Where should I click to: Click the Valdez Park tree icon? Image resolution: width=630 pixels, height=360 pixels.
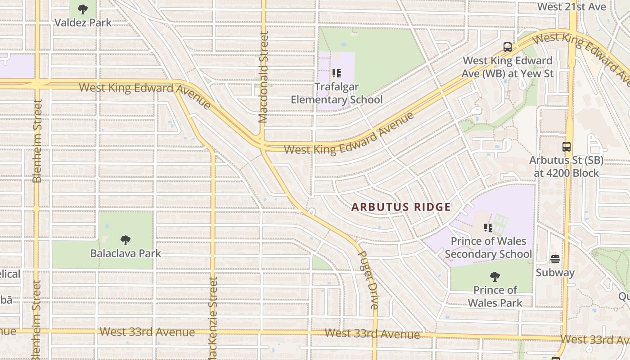(83, 9)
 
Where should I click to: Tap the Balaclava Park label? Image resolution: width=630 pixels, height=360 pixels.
(126, 253)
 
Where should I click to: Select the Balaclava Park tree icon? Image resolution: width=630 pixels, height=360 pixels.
(126, 240)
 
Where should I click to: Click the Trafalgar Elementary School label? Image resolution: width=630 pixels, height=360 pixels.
(337, 93)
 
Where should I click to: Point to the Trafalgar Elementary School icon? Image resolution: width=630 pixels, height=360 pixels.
(337, 73)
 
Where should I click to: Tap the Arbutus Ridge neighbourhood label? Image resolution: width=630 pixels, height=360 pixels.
(400, 207)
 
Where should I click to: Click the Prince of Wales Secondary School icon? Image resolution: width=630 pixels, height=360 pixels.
(488, 228)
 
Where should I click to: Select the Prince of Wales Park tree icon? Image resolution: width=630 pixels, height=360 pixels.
(495, 276)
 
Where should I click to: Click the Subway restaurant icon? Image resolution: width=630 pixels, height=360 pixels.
(555, 259)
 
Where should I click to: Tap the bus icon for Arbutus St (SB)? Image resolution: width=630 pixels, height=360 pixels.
(566, 146)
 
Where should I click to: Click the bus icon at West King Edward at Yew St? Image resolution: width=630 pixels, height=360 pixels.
(508, 47)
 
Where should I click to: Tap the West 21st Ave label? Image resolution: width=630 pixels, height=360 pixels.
(571, 7)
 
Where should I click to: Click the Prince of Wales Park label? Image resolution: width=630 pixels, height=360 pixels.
(495, 296)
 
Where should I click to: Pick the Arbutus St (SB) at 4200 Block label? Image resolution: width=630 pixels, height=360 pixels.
(566, 166)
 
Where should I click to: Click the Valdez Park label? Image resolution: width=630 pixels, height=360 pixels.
(83, 22)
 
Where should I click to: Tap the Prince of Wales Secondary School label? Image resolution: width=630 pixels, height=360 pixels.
(488, 247)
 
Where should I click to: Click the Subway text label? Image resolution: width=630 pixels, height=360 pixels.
(555, 272)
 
